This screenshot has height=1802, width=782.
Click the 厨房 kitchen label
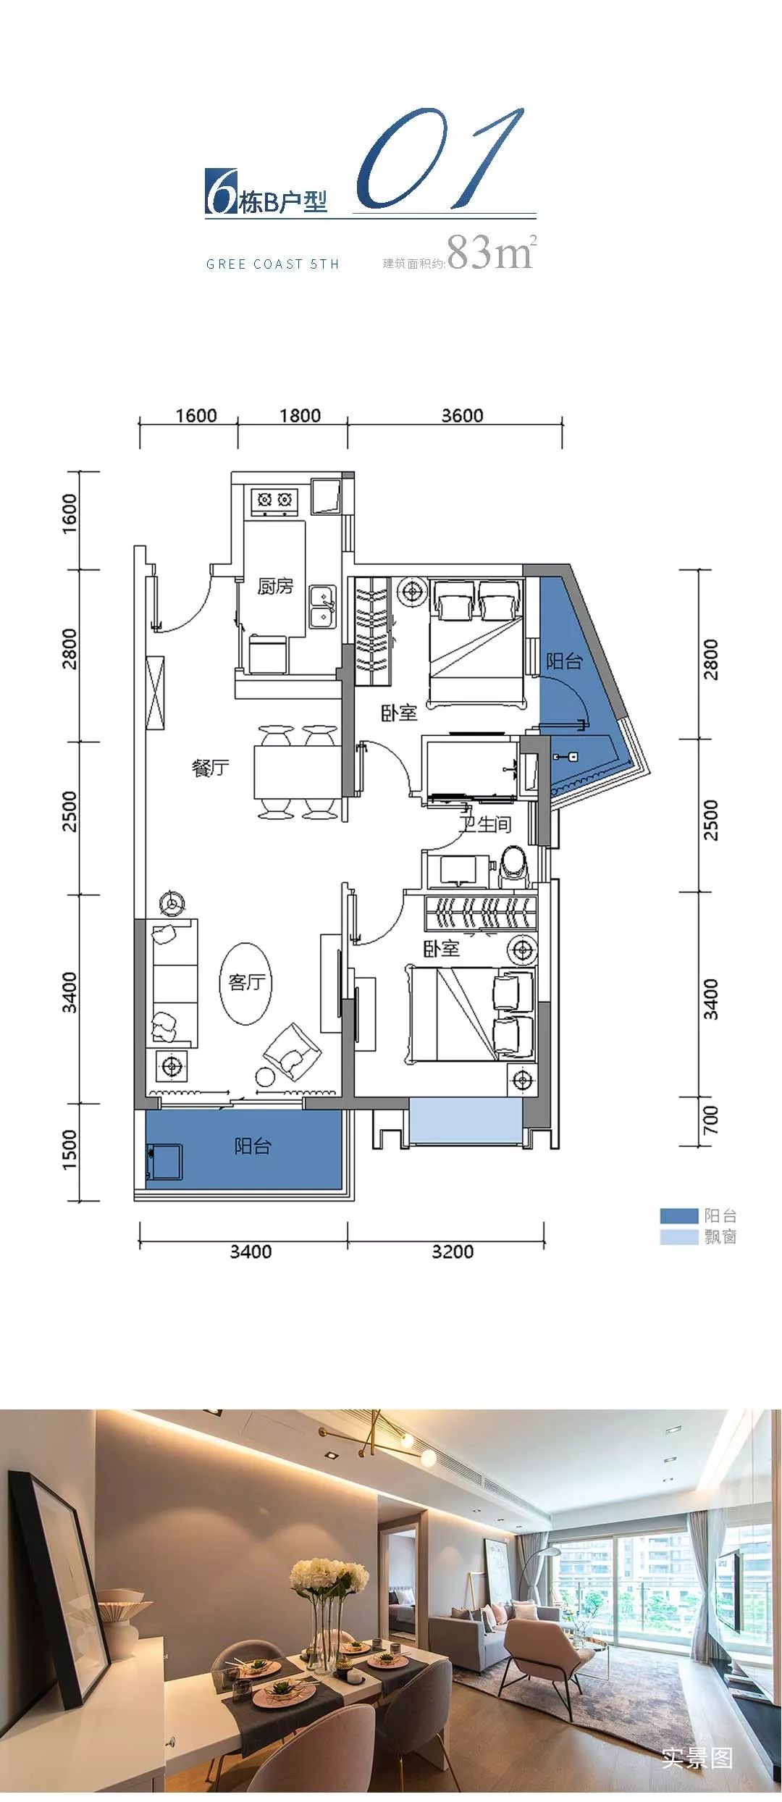click(275, 586)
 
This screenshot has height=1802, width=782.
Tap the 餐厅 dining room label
click(211, 768)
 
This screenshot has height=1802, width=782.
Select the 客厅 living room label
click(247, 982)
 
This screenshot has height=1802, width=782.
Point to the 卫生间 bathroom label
click(485, 824)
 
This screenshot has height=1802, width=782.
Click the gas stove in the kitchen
click(274, 500)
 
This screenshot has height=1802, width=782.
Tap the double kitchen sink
click(322, 606)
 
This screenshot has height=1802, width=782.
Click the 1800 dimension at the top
click(300, 416)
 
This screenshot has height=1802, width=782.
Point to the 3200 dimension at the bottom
click(453, 1252)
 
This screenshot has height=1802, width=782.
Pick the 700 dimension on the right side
click(711, 1120)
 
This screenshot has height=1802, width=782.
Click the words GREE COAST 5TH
click(273, 264)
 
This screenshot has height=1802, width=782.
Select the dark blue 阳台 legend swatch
click(678, 1216)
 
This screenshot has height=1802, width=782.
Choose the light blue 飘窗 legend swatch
click(678, 1237)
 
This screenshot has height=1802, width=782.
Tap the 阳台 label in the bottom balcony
click(253, 1146)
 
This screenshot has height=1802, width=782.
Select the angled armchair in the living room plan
click(293, 1052)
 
